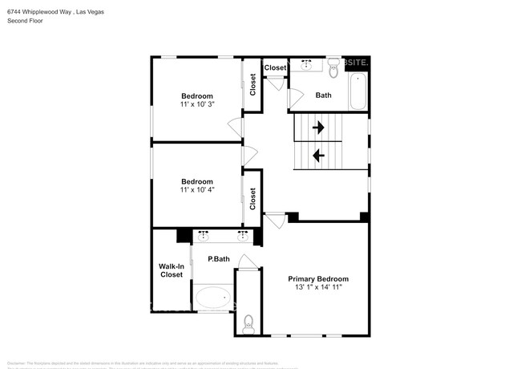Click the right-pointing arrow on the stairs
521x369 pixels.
[318, 127]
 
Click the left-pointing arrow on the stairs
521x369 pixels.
[318, 156]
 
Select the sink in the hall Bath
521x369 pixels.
[306, 65]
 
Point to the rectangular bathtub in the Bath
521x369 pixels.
[358, 91]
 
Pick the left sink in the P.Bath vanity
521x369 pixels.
[203, 236]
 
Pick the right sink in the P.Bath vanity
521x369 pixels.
[242, 236]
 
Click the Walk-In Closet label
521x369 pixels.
[171, 270]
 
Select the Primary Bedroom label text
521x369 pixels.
[318, 278]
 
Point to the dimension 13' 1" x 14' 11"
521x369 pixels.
[318, 287]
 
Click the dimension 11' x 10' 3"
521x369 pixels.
[196, 104]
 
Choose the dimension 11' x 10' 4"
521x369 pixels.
[196, 189]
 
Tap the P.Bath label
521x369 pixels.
[219, 259]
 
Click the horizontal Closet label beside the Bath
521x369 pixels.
[275, 68]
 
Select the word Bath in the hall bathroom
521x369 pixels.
[323, 95]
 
